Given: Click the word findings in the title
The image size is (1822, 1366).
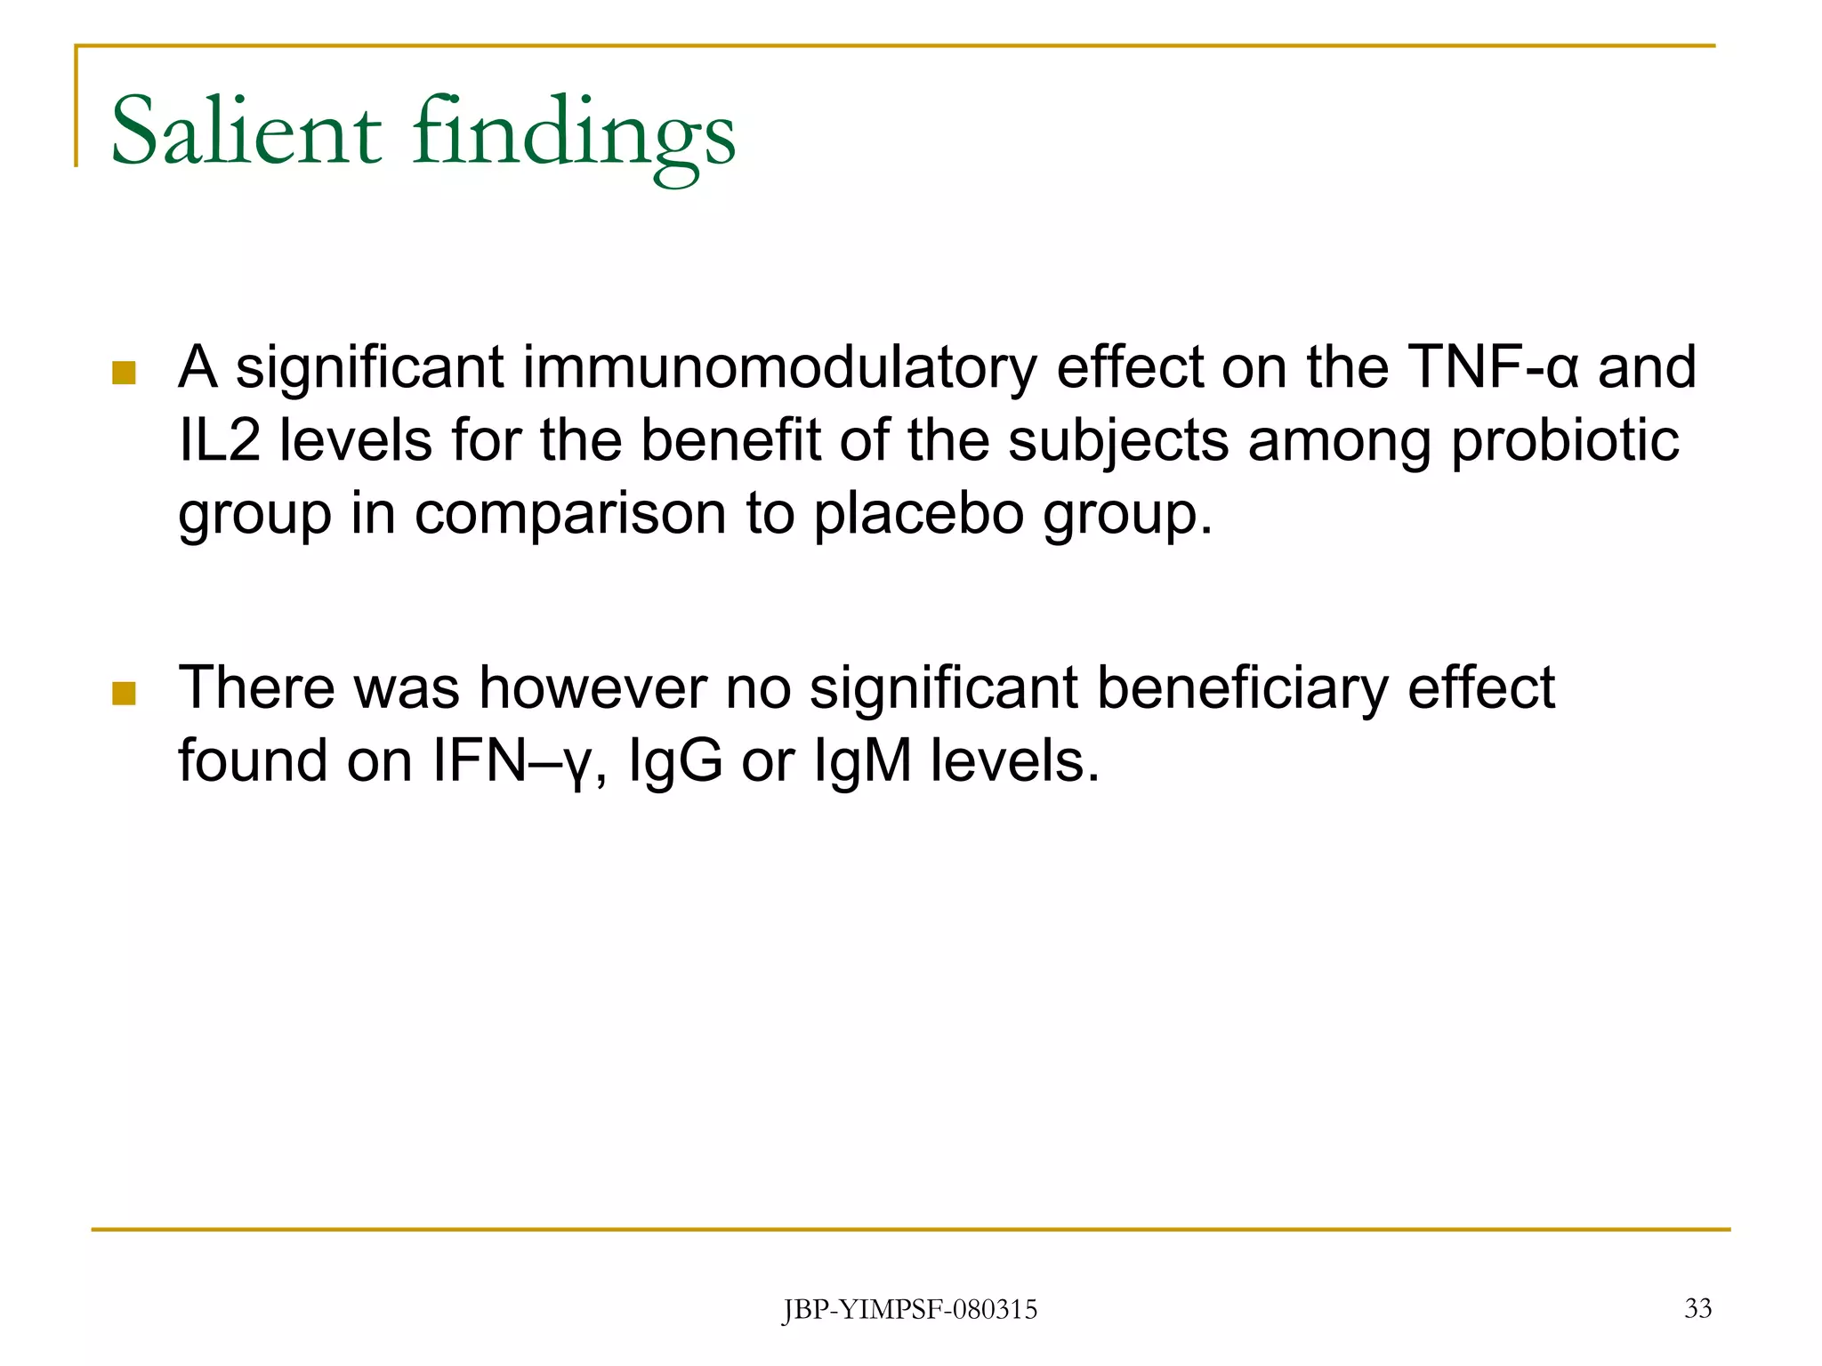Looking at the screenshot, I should (574, 133).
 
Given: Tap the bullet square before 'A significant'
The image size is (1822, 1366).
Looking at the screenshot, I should (124, 373).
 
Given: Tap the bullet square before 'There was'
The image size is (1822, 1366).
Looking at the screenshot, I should (124, 693).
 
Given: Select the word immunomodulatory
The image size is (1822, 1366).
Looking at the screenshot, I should (778, 367).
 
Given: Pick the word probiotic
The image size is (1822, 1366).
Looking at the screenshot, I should (1565, 442).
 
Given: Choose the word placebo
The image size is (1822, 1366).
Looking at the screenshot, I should (918, 515).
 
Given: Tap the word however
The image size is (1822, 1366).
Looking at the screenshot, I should (593, 687).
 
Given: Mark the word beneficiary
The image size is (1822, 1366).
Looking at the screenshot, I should (1241, 689).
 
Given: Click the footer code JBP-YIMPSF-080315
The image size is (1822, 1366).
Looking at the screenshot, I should (909, 1310).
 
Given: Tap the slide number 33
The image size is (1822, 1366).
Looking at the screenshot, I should (1697, 1308).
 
